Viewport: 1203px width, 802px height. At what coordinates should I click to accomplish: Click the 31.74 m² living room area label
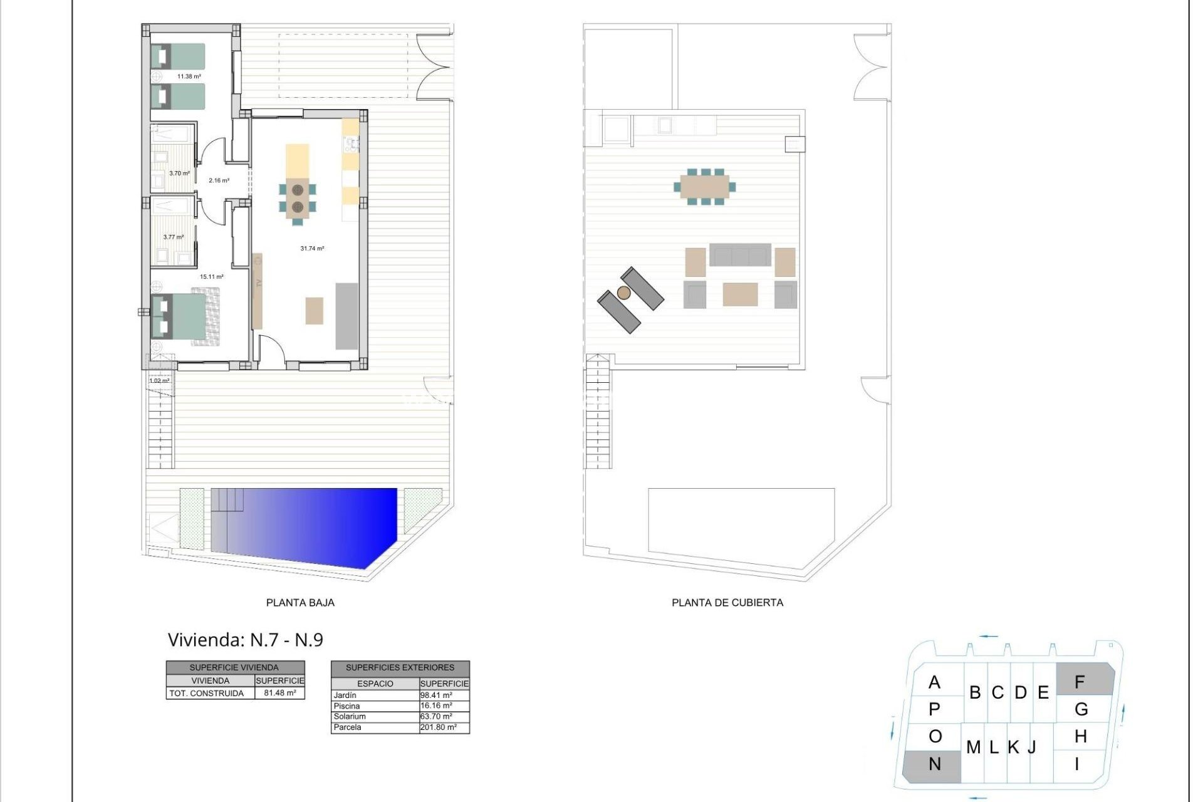pyautogui.click(x=312, y=249)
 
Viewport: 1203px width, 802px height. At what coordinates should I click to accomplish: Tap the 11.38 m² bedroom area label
pyautogui.click(x=189, y=76)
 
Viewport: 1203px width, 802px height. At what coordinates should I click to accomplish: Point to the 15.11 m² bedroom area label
pyautogui.click(x=211, y=276)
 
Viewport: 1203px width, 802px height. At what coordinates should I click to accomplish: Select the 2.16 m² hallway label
pyautogui.click(x=219, y=180)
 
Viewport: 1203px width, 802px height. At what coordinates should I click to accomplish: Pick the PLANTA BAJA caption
pyautogui.click(x=300, y=603)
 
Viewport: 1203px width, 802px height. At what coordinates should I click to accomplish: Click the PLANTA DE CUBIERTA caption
pyautogui.click(x=727, y=603)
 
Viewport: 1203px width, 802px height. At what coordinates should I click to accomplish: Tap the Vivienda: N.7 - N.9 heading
pyautogui.click(x=246, y=640)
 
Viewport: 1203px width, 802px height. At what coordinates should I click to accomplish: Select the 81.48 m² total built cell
pyautogui.click(x=279, y=693)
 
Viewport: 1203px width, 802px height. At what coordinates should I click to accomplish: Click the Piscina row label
pyautogui.click(x=347, y=706)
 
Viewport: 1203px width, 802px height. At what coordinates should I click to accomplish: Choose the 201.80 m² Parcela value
pyautogui.click(x=439, y=727)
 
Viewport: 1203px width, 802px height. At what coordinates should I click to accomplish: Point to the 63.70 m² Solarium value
pyautogui.click(x=437, y=717)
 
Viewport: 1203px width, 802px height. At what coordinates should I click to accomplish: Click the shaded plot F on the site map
pyautogui.click(x=1084, y=680)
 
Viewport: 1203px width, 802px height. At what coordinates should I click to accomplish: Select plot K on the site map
pyautogui.click(x=1013, y=747)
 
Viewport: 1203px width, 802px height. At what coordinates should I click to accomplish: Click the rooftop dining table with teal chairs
pyautogui.click(x=705, y=186)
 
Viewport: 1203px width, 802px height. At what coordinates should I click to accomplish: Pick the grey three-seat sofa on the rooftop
pyautogui.click(x=740, y=256)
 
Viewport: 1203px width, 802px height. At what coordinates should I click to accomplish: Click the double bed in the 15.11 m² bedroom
pyautogui.click(x=186, y=316)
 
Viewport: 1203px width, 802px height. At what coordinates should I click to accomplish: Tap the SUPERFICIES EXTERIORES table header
pyautogui.click(x=400, y=668)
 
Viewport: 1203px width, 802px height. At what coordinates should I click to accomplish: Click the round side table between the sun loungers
pyautogui.click(x=623, y=293)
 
